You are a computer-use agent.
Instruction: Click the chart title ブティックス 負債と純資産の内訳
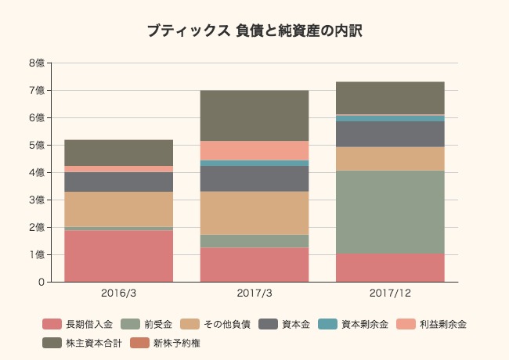(254, 31)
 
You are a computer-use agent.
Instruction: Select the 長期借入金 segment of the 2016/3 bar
(118, 256)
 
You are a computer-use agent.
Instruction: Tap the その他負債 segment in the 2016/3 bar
(118, 209)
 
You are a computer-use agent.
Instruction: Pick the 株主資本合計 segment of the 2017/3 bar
(254, 116)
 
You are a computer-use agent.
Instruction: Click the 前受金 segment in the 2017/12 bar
(390, 212)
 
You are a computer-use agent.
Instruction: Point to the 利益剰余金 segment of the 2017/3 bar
(254, 150)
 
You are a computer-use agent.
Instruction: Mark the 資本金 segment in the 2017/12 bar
(390, 134)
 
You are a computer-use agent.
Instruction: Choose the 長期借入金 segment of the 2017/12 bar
(390, 268)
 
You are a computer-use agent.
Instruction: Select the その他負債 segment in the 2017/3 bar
(254, 213)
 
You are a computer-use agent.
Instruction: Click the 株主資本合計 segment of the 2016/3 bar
(118, 153)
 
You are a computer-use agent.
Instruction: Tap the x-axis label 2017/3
(254, 293)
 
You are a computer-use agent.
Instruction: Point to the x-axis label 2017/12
(390, 293)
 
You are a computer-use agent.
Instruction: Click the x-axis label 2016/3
(118, 293)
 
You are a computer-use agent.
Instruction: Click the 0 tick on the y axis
(40, 283)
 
